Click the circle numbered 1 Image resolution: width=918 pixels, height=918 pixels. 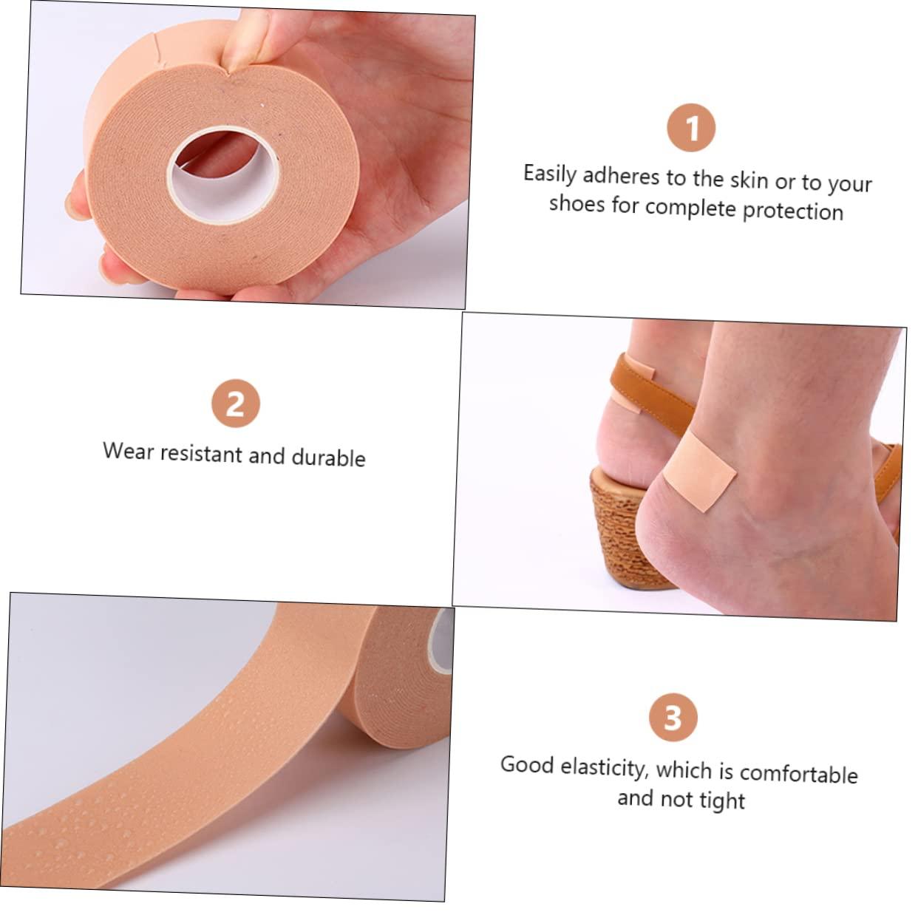(691, 128)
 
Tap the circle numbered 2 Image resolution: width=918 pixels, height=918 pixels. (236, 404)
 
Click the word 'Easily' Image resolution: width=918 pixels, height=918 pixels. (550, 175)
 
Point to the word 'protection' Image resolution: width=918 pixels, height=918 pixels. (792, 210)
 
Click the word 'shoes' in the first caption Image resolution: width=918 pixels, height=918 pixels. (577, 204)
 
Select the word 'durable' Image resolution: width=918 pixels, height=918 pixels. (329, 458)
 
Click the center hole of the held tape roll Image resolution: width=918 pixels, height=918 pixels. (223, 175)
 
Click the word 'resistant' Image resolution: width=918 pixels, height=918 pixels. (202, 454)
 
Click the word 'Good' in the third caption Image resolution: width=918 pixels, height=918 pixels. (527, 766)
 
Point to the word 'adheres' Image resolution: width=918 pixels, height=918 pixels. (622, 176)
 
